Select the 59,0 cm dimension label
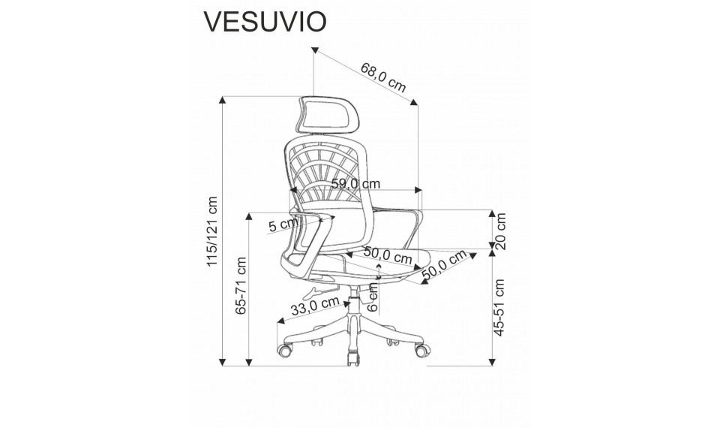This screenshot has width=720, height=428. (355, 183)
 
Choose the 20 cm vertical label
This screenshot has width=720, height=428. (502, 232)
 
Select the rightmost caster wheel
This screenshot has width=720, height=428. (425, 349)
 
